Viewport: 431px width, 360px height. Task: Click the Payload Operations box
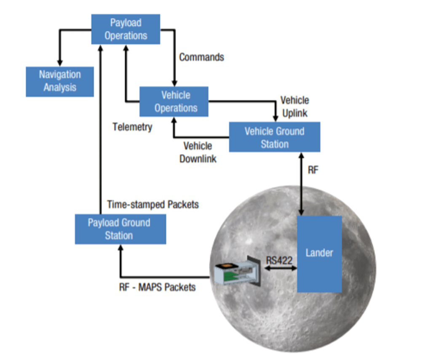point(126,29)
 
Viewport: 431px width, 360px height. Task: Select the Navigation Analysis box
point(60,81)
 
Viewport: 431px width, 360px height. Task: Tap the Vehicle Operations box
point(174,101)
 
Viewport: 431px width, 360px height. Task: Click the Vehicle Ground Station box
point(274,137)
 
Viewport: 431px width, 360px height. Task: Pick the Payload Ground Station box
point(120,229)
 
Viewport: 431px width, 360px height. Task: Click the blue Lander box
point(319,254)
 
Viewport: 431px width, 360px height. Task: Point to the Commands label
point(201,57)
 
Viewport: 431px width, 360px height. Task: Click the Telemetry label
point(132,127)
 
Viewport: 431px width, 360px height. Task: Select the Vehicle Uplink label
point(294,107)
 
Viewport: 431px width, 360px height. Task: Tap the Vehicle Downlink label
point(198,152)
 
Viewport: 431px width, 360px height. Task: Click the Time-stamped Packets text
point(153,205)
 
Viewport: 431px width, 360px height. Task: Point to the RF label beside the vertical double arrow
point(313,170)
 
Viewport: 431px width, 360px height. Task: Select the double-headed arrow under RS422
point(280,268)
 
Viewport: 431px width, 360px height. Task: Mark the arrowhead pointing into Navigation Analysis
point(60,62)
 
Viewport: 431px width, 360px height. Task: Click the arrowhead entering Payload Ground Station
point(120,248)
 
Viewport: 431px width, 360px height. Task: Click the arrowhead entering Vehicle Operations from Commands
point(174,83)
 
